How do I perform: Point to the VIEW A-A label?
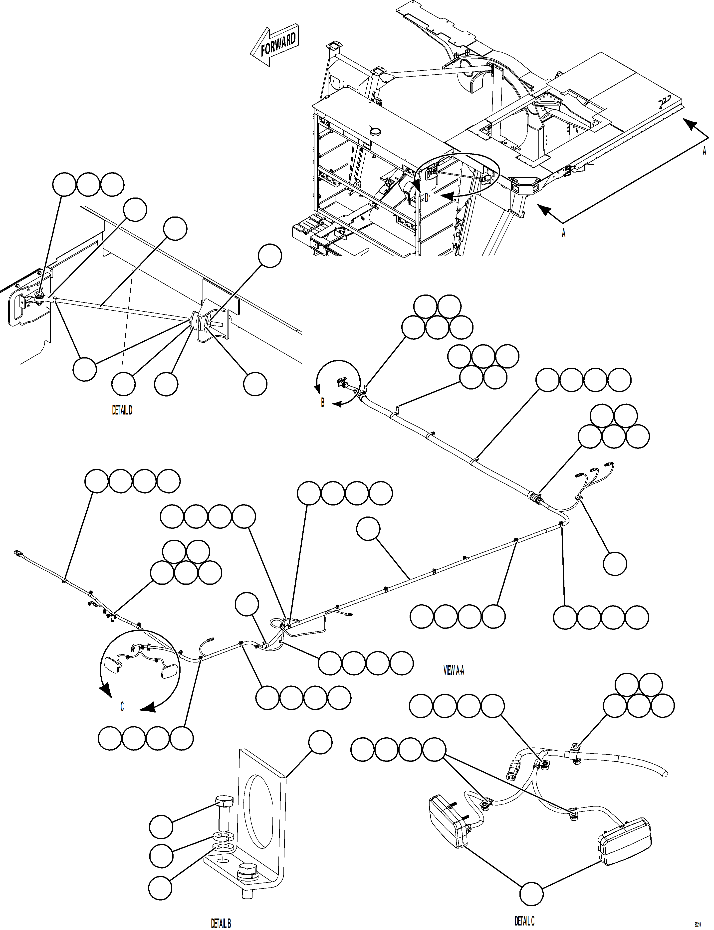pyautogui.click(x=454, y=671)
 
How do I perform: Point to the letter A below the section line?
pyautogui.click(x=564, y=233)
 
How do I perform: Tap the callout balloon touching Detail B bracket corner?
pyautogui.click(x=320, y=743)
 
